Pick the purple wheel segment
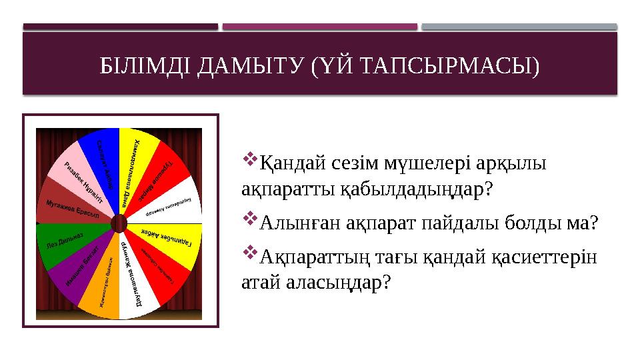(79, 270)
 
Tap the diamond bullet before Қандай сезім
(250, 159)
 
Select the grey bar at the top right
(519, 27)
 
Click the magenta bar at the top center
(320, 27)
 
